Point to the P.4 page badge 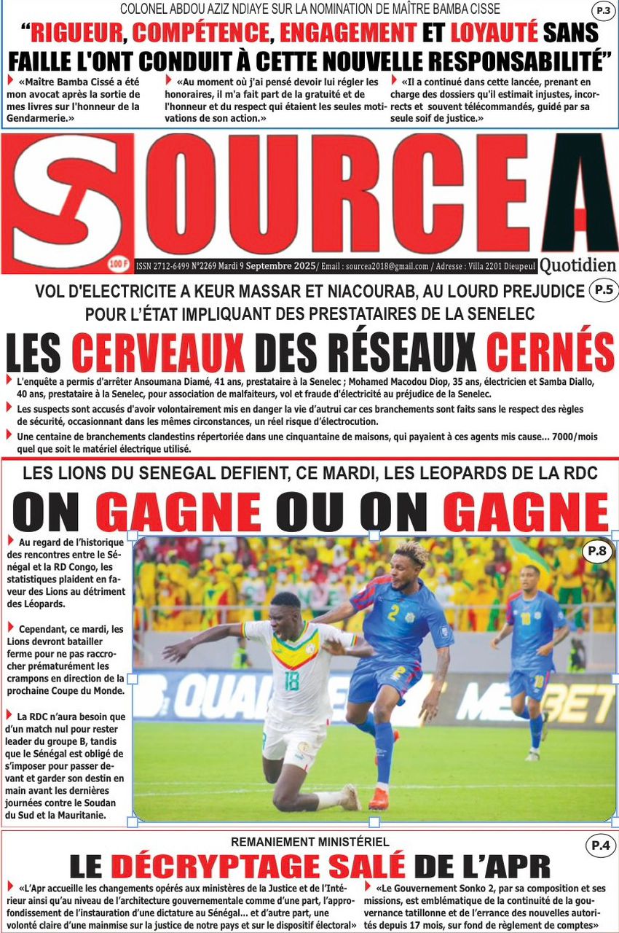point(600,846)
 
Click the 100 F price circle point(117,263)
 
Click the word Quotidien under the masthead point(578,265)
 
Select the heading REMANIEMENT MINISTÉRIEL point(309,842)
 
